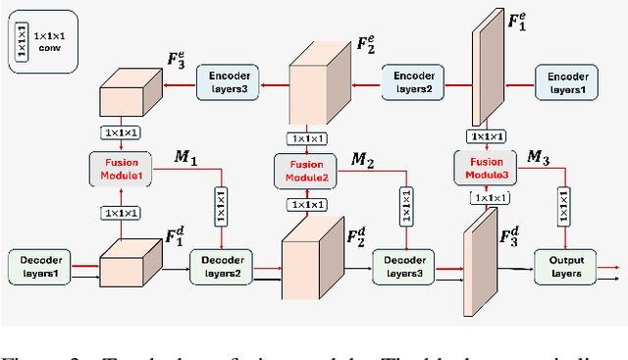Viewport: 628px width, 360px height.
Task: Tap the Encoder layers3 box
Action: click(x=230, y=81)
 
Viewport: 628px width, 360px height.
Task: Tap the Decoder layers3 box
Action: click(x=402, y=265)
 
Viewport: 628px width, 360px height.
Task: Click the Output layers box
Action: click(x=564, y=265)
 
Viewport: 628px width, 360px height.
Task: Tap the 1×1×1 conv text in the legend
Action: click(x=48, y=41)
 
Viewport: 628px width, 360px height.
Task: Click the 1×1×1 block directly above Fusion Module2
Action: click(x=307, y=140)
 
